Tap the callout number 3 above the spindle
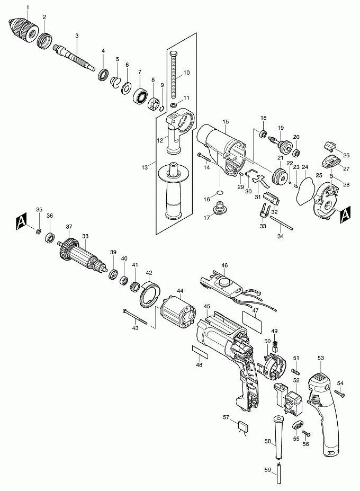tap(77, 35)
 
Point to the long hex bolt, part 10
tap(174, 75)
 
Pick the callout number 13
tap(145, 167)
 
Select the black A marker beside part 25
tap(345, 215)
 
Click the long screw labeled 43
tap(135, 316)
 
